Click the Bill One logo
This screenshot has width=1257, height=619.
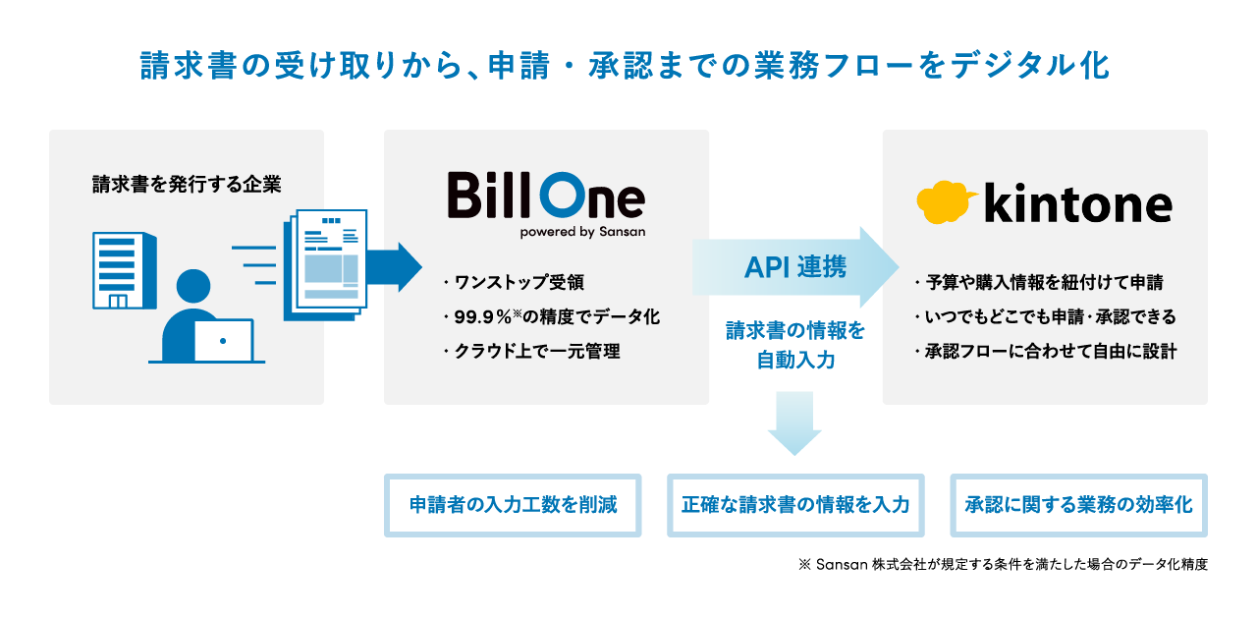pyautogui.click(x=546, y=197)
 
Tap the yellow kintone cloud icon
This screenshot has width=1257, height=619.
pyautogui.click(x=947, y=201)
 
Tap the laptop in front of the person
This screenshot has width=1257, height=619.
pyautogui.click(x=223, y=341)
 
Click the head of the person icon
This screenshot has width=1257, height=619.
pyautogui.click(x=195, y=287)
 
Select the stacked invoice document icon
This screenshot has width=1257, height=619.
pyautogui.click(x=326, y=262)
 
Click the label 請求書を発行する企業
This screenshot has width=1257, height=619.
pyautogui.click(x=186, y=184)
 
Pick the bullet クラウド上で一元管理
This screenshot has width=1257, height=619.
pyautogui.click(x=536, y=351)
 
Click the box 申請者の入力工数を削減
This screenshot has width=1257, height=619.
pyautogui.click(x=513, y=505)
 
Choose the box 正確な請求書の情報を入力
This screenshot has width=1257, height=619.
pyautogui.click(x=795, y=505)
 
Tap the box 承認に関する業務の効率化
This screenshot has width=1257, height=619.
pyautogui.click(x=1078, y=505)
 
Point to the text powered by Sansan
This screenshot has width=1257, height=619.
pyautogui.click(x=582, y=233)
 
